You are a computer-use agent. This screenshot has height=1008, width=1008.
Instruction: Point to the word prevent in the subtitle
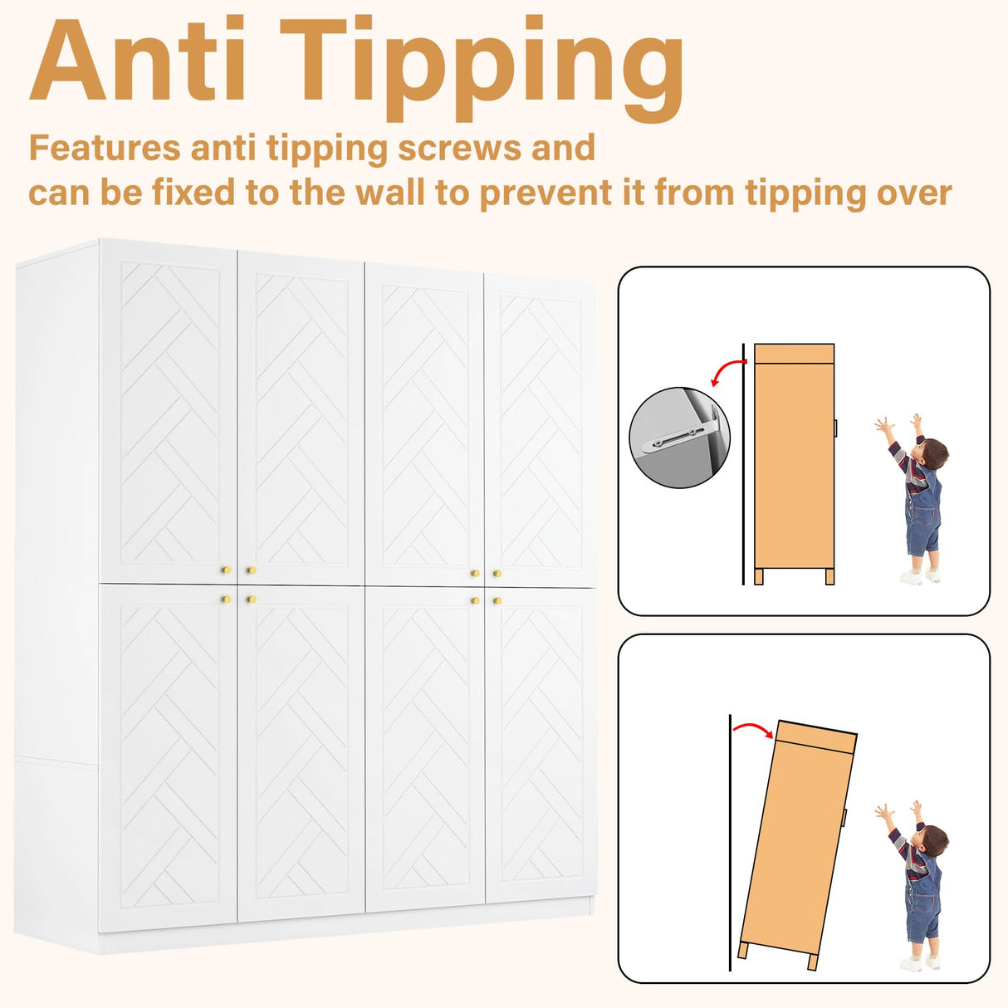coord(546,193)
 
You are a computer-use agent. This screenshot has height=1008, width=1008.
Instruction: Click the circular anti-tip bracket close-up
coord(679,438)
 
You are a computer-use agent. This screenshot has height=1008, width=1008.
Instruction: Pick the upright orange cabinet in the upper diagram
coord(794,463)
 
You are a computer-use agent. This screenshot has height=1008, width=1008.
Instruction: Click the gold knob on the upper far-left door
coord(226,570)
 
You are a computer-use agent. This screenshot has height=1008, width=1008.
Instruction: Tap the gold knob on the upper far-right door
coord(497,573)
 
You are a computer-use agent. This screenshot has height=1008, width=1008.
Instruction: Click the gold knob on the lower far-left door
coord(226,599)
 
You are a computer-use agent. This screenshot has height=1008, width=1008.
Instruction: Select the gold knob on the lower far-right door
coord(497,600)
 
